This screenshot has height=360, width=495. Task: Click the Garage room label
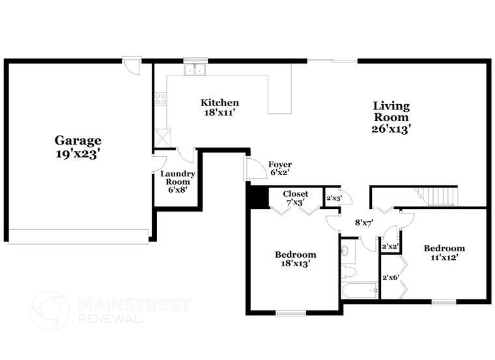pos(78,140)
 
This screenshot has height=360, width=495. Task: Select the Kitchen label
pos(219,103)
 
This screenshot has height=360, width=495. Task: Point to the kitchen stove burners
pos(160,100)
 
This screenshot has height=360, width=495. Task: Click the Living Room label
pos(391,111)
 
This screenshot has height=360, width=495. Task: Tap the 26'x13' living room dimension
pos(391,129)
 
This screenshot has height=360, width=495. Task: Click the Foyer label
pos(280,165)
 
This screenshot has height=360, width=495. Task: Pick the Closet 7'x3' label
pos(296,199)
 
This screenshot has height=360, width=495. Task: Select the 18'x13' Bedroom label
pos(295,259)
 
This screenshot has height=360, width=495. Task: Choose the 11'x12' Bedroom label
pos(444,253)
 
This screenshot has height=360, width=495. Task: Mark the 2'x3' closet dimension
pos(333,198)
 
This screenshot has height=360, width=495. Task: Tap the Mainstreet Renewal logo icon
pos(50,311)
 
